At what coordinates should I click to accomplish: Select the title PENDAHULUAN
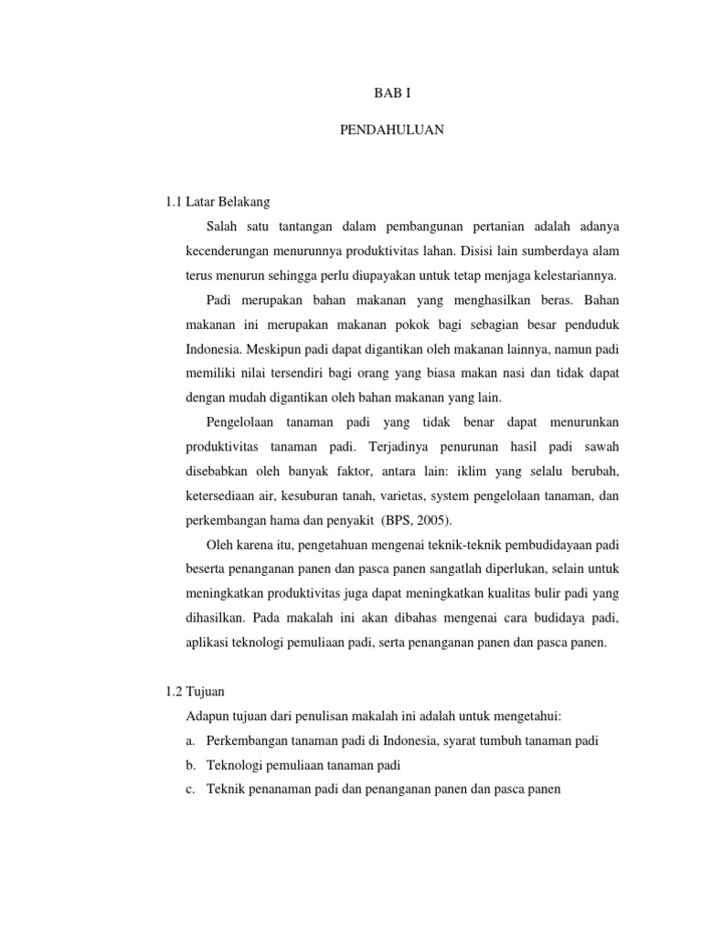392,131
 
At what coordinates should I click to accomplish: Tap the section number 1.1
168,201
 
